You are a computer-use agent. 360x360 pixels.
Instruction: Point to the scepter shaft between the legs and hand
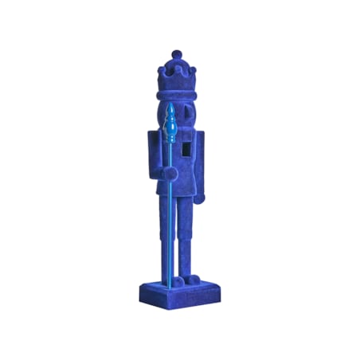pyautogui.click(x=169, y=231)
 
